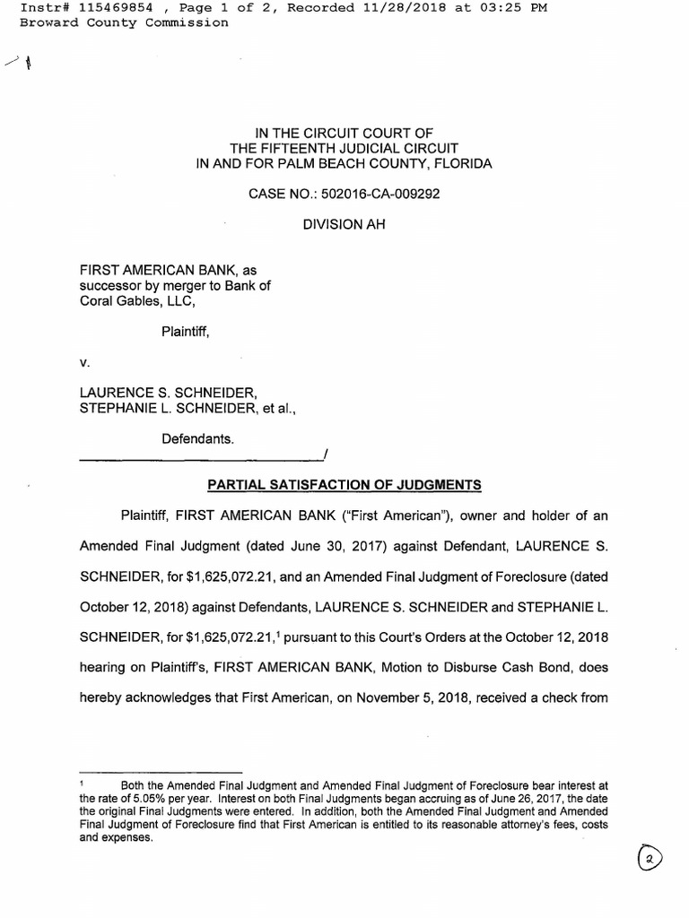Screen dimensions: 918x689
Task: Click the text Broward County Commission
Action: (x=124, y=22)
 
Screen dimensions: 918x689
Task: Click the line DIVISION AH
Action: (x=344, y=224)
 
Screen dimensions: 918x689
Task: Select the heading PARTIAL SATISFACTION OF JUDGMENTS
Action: (x=344, y=485)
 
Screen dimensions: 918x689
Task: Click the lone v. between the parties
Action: (x=85, y=362)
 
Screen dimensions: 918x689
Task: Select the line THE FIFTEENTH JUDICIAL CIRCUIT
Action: (x=344, y=148)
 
